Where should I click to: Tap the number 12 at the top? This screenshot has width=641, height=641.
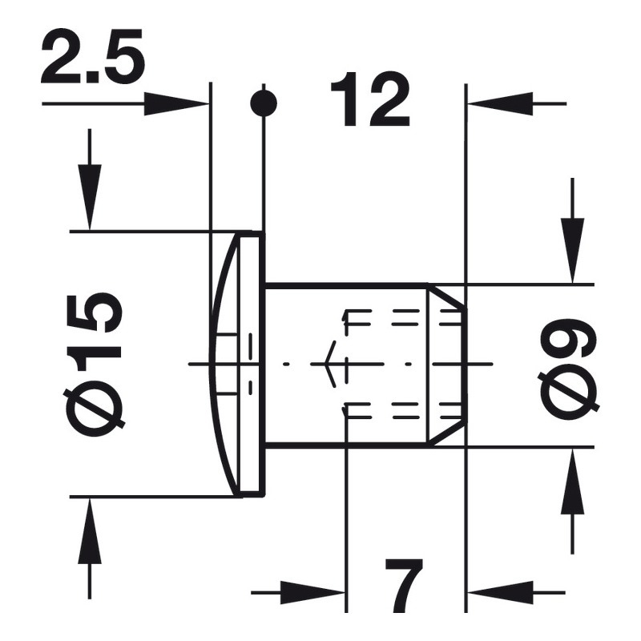(369, 101)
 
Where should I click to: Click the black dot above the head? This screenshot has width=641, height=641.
(264, 103)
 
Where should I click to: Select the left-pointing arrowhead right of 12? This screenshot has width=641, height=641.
(497, 103)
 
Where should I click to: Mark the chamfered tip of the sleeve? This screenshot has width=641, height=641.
(447, 365)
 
